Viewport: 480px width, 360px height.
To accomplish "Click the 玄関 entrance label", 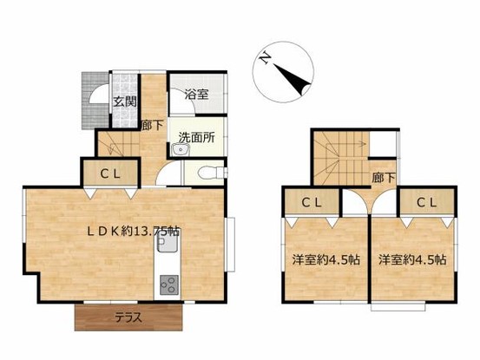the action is click(x=125, y=101).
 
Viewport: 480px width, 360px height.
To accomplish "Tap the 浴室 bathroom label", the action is click(x=196, y=95).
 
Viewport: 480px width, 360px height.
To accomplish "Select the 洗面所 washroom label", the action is click(x=197, y=138).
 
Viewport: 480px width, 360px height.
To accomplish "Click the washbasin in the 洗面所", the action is click(x=181, y=150).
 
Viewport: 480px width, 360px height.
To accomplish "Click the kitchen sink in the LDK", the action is click(x=168, y=244).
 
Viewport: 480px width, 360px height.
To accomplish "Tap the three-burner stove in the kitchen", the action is click(x=169, y=285).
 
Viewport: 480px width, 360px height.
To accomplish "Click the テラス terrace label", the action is click(x=128, y=317).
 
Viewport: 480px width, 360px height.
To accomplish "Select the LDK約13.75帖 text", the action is click(x=134, y=232).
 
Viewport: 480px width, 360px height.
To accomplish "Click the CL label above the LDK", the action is click(x=110, y=174).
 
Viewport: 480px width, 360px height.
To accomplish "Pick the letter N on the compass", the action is click(x=265, y=57).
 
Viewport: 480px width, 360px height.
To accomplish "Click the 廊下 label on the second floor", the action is click(x=384, y=178).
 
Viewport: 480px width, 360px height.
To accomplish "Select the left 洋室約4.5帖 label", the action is click(x=325, y=259).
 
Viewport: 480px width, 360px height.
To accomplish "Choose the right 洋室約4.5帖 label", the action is click(x=412, y=259).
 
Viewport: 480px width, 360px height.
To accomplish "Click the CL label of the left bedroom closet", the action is click(x=312, y=202).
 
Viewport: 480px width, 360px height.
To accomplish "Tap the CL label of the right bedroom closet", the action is click(x=426, y=202).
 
